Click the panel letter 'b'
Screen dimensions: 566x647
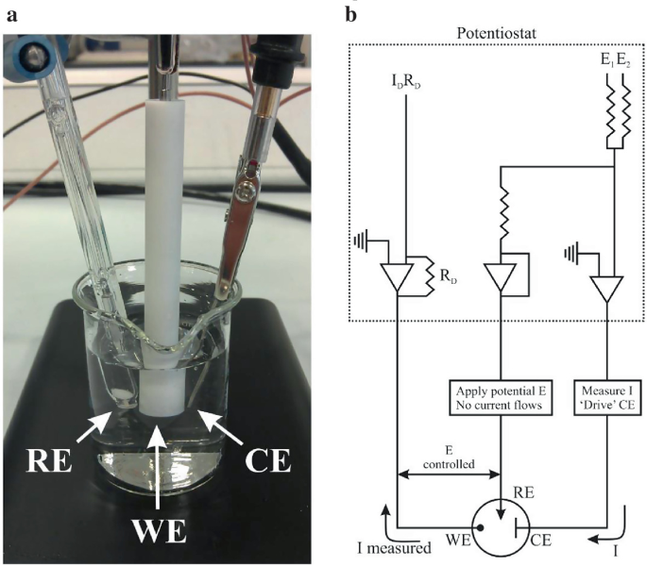(352, 15)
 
